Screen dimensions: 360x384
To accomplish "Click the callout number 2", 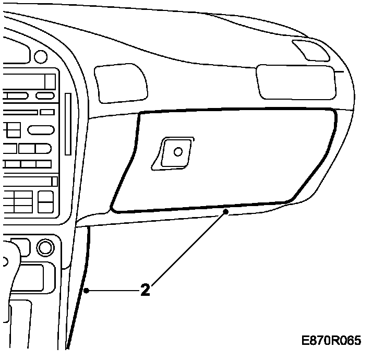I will click(x=146, y=290).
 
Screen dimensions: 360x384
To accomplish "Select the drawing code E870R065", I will click(x=331, y=341).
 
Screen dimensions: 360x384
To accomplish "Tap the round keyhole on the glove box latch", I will click(x=178, y=152).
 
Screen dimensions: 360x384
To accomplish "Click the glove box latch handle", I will click(x=174, y=153).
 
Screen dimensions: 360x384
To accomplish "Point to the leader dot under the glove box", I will click(x=225, y=211).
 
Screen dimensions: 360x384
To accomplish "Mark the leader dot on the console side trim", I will click(x=89, y=290).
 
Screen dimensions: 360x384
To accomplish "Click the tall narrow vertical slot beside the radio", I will click(x=68, y=124).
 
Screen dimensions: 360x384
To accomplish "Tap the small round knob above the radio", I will click(x=39, y=56).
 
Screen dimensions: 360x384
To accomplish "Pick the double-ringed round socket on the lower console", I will click(x=45, y=246).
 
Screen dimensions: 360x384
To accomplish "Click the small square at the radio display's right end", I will click(x=50, y=81).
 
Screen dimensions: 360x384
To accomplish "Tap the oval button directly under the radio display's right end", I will click(x=45, y=95).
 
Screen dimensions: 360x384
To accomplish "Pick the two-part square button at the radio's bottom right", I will click(x=46, y=201).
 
